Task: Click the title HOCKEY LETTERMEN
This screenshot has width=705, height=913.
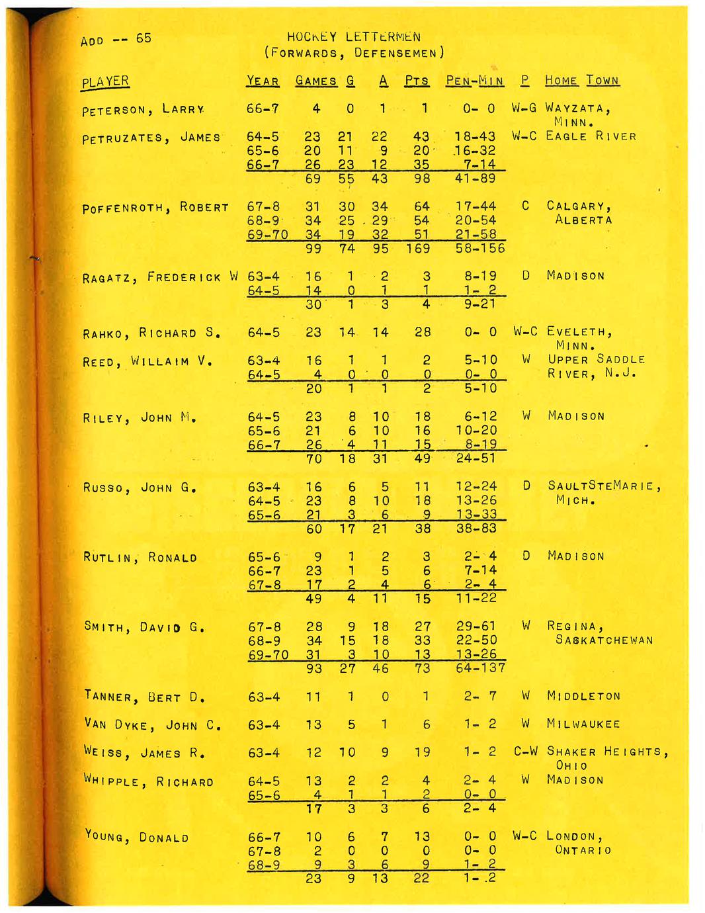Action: [x=354, y=37]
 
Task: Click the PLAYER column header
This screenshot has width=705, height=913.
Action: [x=105, y=81]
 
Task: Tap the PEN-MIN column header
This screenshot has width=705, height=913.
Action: [x=474, y=81]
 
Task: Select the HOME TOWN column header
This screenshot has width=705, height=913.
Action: [x=582, y=81]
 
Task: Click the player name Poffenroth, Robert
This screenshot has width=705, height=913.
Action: [x=155, y=208]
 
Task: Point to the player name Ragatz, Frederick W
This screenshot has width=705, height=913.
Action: [x=160, y=277]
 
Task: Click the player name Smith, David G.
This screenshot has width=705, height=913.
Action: [x=144, y=627]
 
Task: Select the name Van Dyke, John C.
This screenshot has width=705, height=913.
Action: [x=152, y=724]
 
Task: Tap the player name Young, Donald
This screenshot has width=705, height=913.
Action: [x=137, y=837]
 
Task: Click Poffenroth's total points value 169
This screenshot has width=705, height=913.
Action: [x=418, y=249]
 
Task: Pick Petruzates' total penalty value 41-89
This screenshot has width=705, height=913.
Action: [x=476, y=179]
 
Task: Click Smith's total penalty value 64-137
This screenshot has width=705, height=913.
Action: [x=481, y=668]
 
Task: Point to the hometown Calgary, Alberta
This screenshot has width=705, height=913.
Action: [x=579, y=213]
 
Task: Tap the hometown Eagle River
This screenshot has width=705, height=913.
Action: [x=591, y=136]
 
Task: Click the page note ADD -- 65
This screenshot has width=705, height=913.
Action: [x=116, y=39]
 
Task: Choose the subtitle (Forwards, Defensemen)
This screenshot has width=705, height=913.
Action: [x=354, y=53]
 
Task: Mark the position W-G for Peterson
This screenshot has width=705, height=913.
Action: [x=524, y=108]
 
